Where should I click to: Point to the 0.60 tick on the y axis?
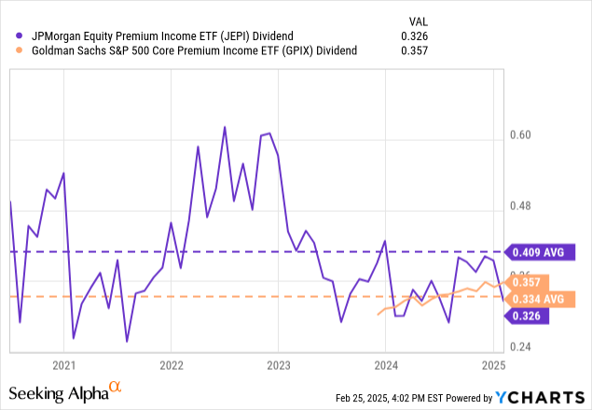[x=530, y=134]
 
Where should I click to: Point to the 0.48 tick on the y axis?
[x=530, y=206]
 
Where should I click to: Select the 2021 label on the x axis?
[x=63, y=364]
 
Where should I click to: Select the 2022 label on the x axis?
[x=171, y=364]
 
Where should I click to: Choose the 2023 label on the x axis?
[x=278, y=364]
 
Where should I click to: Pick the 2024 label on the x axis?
[x=385, y=364]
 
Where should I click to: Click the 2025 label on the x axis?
[x=492, y=364]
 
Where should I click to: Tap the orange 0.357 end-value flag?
[x=530, y=282]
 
